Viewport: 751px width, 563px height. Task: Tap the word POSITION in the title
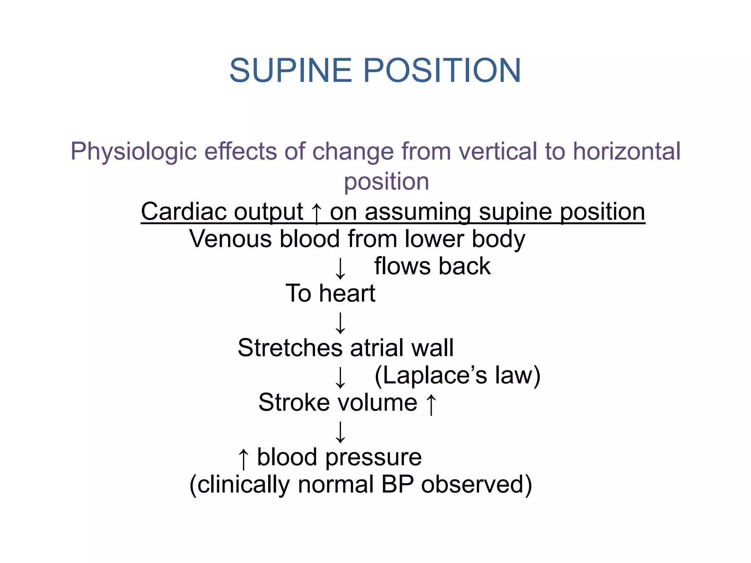click(x=442, y=70)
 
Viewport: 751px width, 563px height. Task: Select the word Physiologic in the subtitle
click(x=134, y=152)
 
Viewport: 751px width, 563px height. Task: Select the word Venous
click(x=230, y=239)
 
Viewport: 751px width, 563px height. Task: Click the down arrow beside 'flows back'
click(x=340, y=268)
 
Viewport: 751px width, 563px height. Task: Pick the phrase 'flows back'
click(x=432, y=266)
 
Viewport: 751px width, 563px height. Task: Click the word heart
click(x=347, y=293)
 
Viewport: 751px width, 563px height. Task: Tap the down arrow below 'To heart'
click(x=340, y=323)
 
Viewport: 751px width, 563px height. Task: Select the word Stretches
click(x=290, y=348)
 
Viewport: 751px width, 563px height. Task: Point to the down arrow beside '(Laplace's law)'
click(x=340, y=377)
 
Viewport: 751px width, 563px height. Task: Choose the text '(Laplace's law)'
click(x=457, y=375)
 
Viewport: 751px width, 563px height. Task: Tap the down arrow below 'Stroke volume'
click(x=340, y=432)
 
